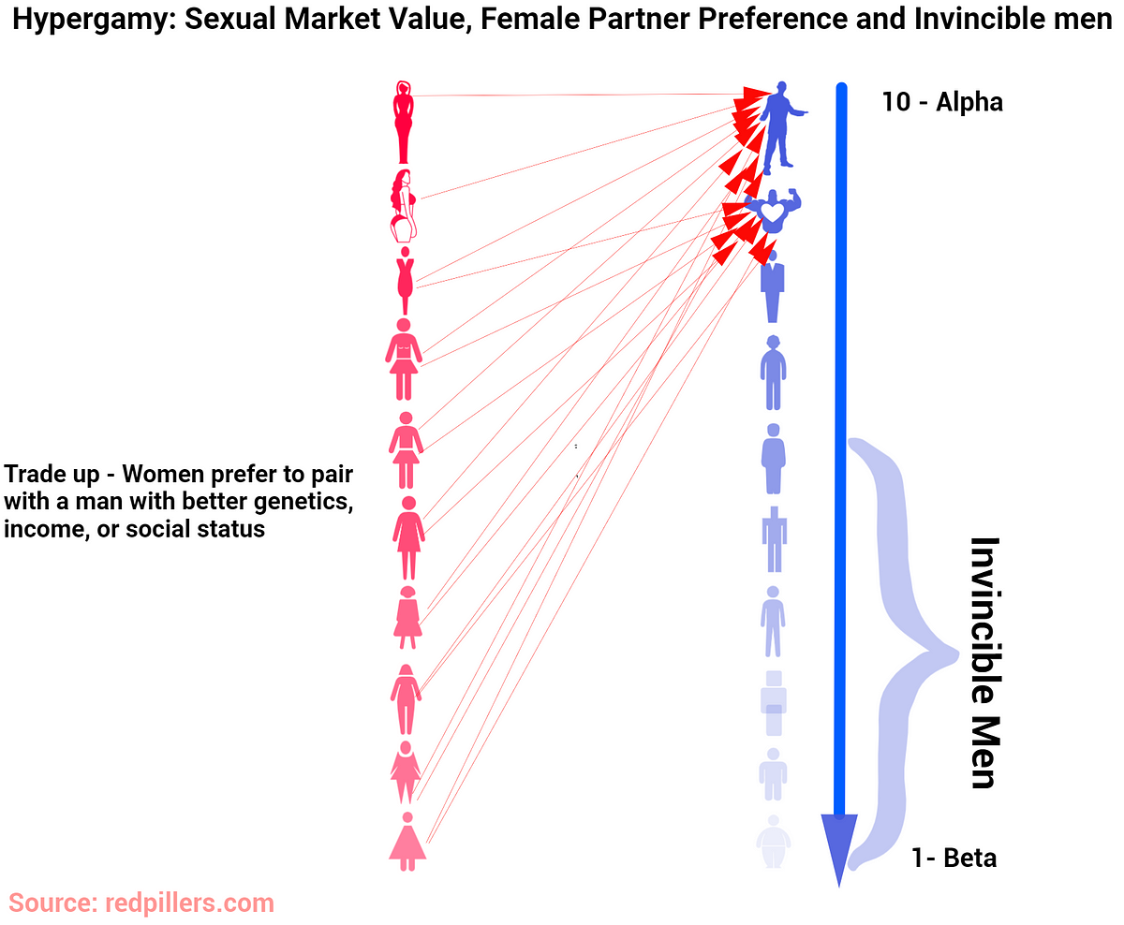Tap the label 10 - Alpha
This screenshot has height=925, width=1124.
pos(941,102)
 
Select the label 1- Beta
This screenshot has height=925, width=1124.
pos(954,858)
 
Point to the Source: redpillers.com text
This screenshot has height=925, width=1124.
pos(141,903)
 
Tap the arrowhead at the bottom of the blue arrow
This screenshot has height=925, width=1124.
pos(838,846)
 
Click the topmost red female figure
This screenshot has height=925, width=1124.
pos(403,123)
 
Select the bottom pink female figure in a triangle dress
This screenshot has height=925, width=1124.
pos(407,842)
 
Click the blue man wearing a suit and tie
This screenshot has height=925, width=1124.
pos(772,286)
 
